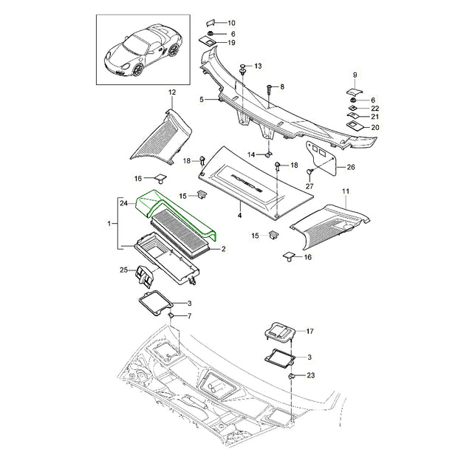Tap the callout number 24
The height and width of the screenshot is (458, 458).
[124, 202]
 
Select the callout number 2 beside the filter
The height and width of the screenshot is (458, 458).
[223, 249]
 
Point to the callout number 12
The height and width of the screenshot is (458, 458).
[172, 92]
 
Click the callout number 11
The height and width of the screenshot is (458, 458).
[346, 191]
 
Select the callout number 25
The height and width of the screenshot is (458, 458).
[124, 270]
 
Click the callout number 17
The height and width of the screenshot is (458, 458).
[310, 331]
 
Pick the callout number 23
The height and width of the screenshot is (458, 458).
[311, 375]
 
